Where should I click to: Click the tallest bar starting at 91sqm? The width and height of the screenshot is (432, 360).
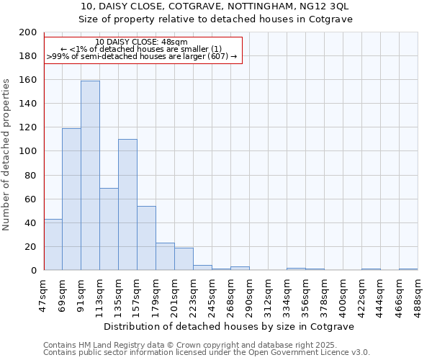(x=90, y=176)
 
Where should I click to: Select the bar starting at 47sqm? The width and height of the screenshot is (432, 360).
(x=53, y=245)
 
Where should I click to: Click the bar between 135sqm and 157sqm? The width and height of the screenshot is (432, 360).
(x=127, y=204)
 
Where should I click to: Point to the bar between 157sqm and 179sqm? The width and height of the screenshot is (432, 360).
(x=146, y=238)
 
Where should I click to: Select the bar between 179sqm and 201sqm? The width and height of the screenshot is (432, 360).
(x=165, y=256)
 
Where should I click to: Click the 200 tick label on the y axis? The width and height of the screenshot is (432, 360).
(x=28, y=32)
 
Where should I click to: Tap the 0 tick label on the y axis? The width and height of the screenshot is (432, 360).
(x=33, y=271)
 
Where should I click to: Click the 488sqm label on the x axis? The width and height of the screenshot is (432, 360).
(x=418, y=293)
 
